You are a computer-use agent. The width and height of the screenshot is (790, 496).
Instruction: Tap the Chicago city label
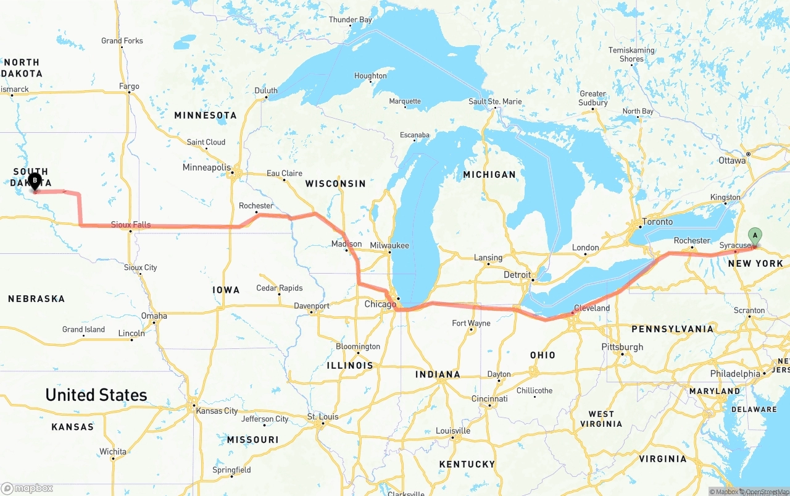[380, 305]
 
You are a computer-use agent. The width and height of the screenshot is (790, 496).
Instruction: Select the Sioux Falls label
[131, 225]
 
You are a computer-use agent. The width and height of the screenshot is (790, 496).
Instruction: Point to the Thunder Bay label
[350, 20]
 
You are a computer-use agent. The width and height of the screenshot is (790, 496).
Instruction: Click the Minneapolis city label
[206, 168]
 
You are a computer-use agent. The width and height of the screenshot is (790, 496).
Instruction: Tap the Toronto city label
[657, 222]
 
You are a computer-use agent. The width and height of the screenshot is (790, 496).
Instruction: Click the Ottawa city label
[732, 161]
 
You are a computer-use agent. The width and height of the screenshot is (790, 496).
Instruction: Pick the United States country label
[96, 395]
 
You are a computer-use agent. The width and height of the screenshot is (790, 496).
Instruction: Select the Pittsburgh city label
[622, 347]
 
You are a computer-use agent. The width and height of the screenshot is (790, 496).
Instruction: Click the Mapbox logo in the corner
[27, 488]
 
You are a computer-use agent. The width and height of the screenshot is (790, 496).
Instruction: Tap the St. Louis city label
[323, 417]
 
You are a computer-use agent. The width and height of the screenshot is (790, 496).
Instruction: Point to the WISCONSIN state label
[335, 183]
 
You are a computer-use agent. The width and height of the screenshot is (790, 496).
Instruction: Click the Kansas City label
[217, 411]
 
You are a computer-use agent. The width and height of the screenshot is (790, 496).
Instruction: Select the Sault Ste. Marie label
[495, 101]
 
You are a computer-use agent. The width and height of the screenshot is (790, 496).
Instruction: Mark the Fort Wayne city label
[471, 323]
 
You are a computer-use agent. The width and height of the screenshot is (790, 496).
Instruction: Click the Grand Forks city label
[122, 41]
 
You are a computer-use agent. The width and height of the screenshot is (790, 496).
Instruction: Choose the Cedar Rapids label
[279, 288]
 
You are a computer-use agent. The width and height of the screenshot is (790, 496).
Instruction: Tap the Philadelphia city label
[735, 374]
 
